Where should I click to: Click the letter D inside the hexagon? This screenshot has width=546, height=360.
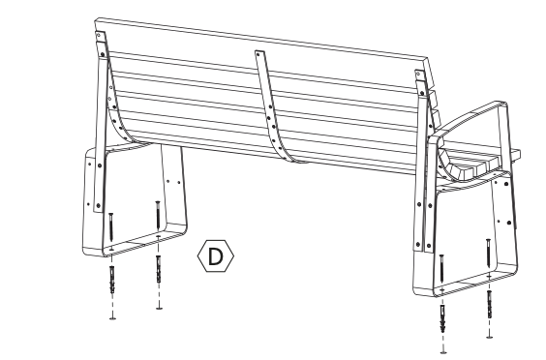coord(216,255)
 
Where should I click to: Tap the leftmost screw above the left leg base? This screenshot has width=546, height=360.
coord(112,228)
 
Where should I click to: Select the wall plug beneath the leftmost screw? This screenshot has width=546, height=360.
coord(112,283)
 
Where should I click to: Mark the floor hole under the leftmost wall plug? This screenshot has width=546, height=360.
coord(112,316)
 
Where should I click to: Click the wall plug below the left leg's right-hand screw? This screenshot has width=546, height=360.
coord(158,273)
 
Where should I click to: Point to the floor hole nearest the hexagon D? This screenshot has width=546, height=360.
coord(159,309)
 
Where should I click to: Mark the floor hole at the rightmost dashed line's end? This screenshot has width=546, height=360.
coord(488,338)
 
